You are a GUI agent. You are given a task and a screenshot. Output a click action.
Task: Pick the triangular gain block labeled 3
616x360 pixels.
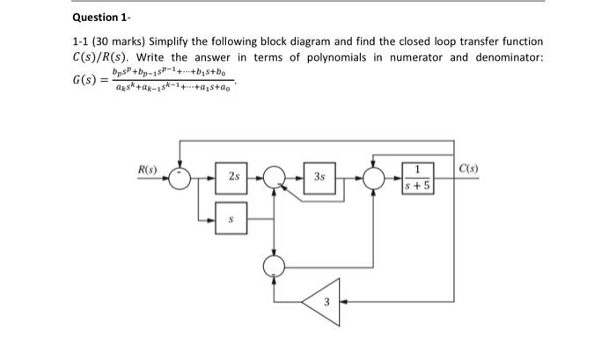322,302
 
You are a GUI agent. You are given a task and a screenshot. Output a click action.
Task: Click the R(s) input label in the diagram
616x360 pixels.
146,167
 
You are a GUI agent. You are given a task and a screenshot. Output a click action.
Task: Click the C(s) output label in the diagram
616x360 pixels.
466,167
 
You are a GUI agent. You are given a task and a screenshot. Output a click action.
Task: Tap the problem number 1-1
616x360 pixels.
82,41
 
